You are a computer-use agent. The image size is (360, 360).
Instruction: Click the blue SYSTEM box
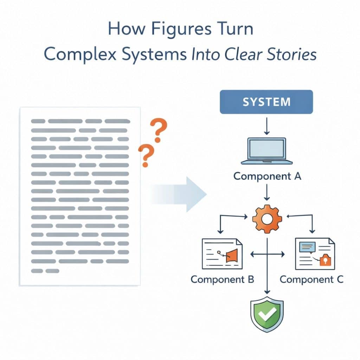266,102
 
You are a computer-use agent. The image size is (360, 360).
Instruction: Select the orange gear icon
267,218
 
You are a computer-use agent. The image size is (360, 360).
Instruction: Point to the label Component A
267,176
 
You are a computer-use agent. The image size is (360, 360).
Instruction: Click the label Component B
222,279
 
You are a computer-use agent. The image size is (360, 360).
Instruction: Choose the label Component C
311,279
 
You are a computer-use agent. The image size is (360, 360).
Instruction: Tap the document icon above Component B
222,254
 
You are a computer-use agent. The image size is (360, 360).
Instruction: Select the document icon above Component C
315,254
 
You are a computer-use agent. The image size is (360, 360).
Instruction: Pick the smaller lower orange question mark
145,155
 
